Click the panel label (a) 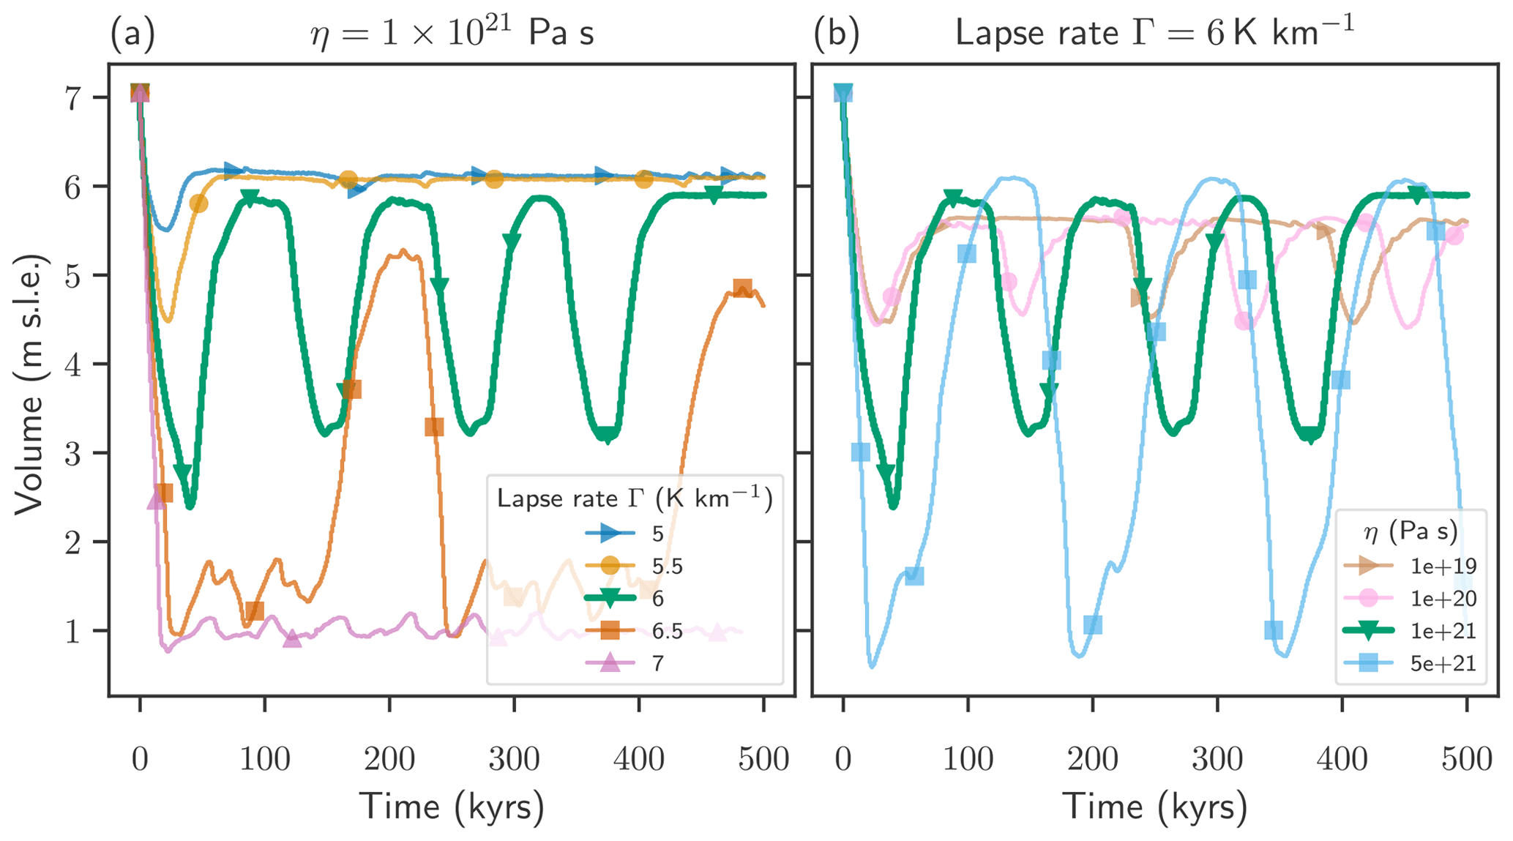(x=132, y=34)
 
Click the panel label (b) (x=837, y=34)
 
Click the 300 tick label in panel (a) (x=514, y=759)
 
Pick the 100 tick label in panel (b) (x=968, y=759)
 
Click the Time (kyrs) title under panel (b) (x=1155, y=807)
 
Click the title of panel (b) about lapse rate (x=1155, y=33)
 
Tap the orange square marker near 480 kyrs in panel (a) (x=742, y=288)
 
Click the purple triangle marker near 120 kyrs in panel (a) (x=292, y=639)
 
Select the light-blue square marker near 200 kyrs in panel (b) (x=1093, y=624)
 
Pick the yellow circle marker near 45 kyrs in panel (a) (x=198, y=203)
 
